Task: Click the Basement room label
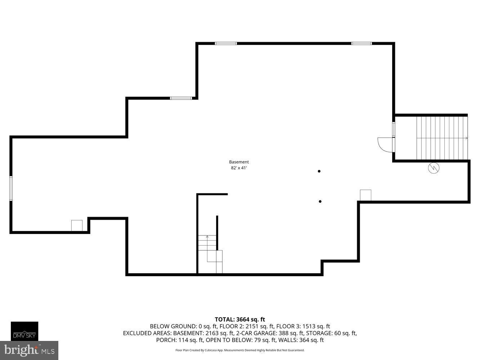click(239, 162)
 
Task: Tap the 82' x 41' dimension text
click(239, 168)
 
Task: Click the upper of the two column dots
click(319, 171)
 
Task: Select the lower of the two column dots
click(320, 201)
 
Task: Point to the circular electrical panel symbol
click(434, 168)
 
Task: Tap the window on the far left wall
click(11, 188)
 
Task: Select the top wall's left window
click(226, 43)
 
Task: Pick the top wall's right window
click(362, 43)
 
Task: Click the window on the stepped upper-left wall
click(181, 98)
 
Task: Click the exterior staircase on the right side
click(442, 138)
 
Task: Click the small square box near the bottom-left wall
click(77, 225)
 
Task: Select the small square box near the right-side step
click(365, 195)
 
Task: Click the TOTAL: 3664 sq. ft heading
click(240, 320)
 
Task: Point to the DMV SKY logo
click(24, 331)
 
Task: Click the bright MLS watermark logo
click(29, 350)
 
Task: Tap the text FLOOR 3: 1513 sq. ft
click(303, 326)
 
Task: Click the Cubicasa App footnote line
click(240, 350)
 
